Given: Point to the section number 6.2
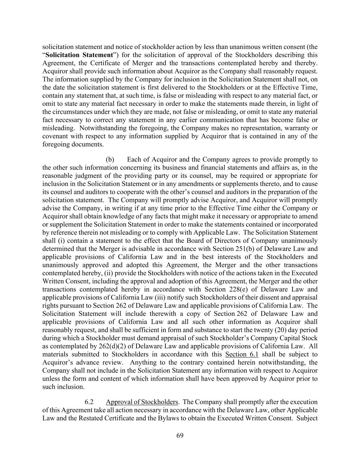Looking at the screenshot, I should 89,402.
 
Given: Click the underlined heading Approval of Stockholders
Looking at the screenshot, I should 142,402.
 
